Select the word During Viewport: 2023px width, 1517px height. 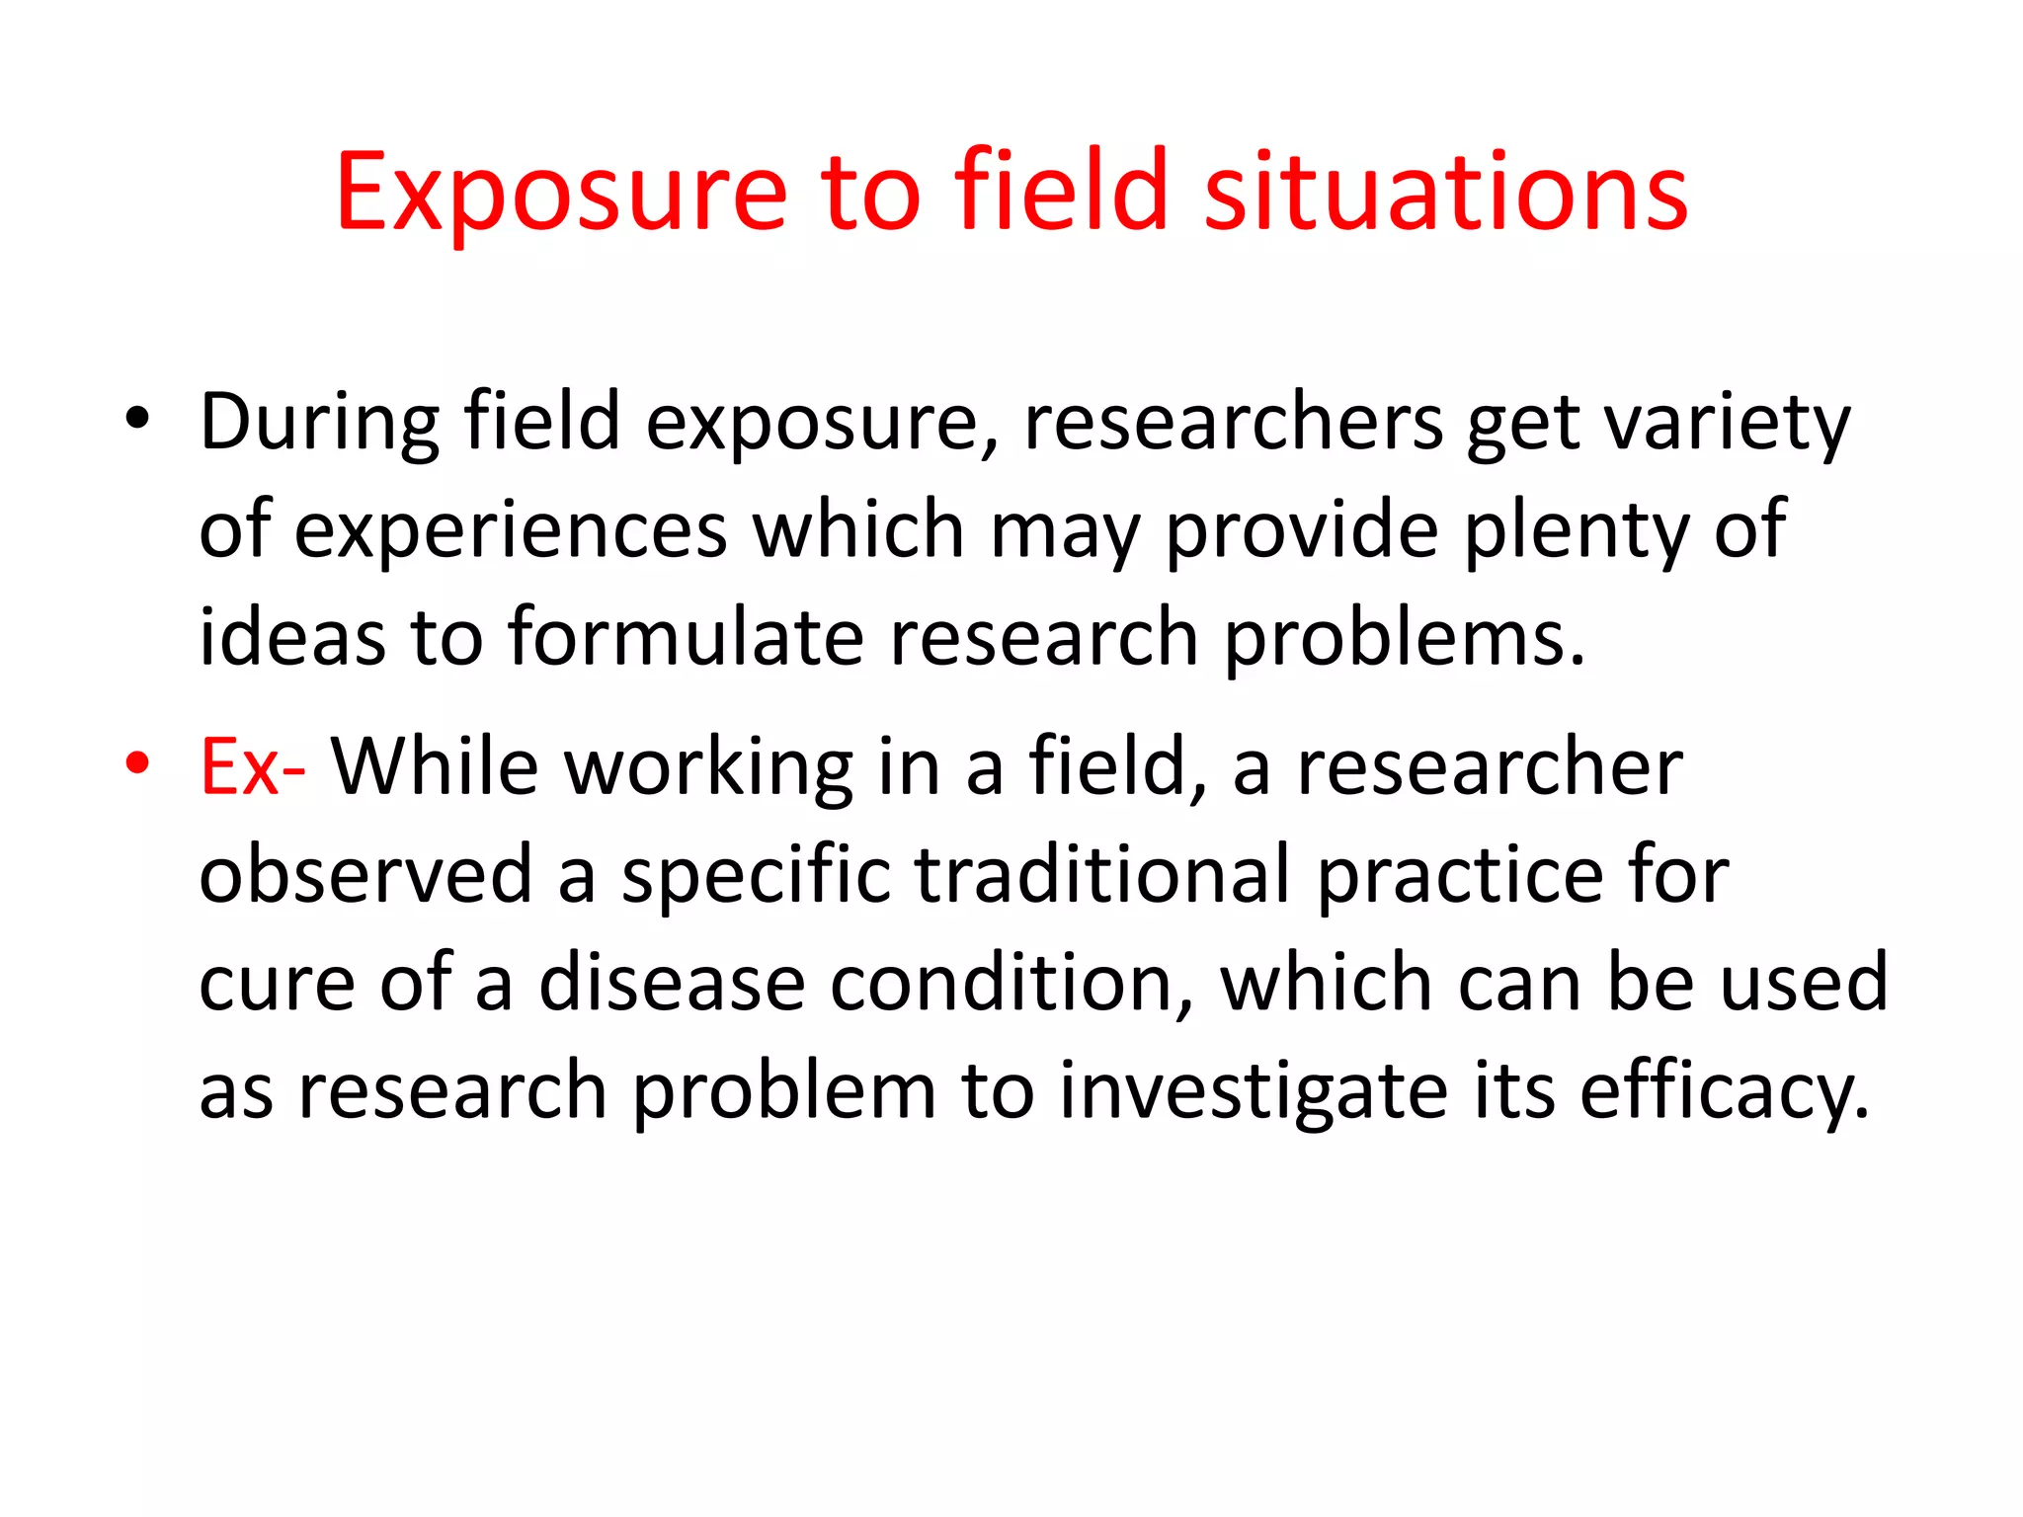(x=320, y=423)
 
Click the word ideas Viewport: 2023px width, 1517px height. (x=291, y=637)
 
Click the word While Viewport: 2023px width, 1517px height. (x=434, y=767)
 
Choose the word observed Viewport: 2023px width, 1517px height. (x=365, y=874)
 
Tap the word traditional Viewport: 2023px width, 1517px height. (x=1103, y=874)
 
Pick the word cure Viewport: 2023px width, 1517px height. (x=277, y=983)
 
